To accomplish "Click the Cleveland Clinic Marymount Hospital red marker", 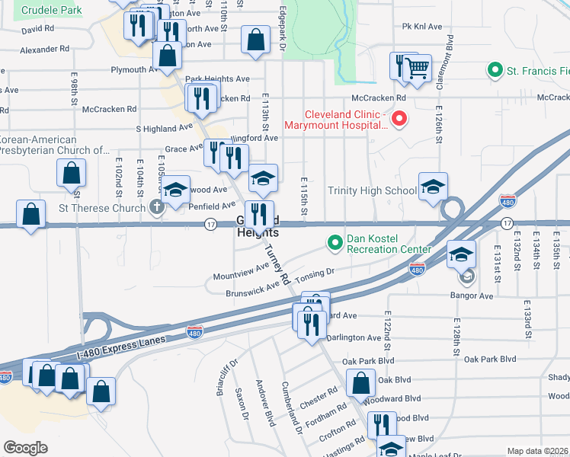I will pos(398,119).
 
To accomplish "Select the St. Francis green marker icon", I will pos(495,72).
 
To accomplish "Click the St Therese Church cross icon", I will pos(156,207).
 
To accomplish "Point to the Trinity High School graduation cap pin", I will pos(433,187).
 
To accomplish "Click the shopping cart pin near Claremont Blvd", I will pos(417,69).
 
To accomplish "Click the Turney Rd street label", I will pos(275,260).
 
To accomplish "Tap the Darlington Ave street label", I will pos(354,337).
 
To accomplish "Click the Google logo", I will pos(25,448).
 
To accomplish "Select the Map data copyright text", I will pos(538,451).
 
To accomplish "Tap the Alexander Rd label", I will pos(44,50).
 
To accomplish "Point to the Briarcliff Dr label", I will pos(223,375).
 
